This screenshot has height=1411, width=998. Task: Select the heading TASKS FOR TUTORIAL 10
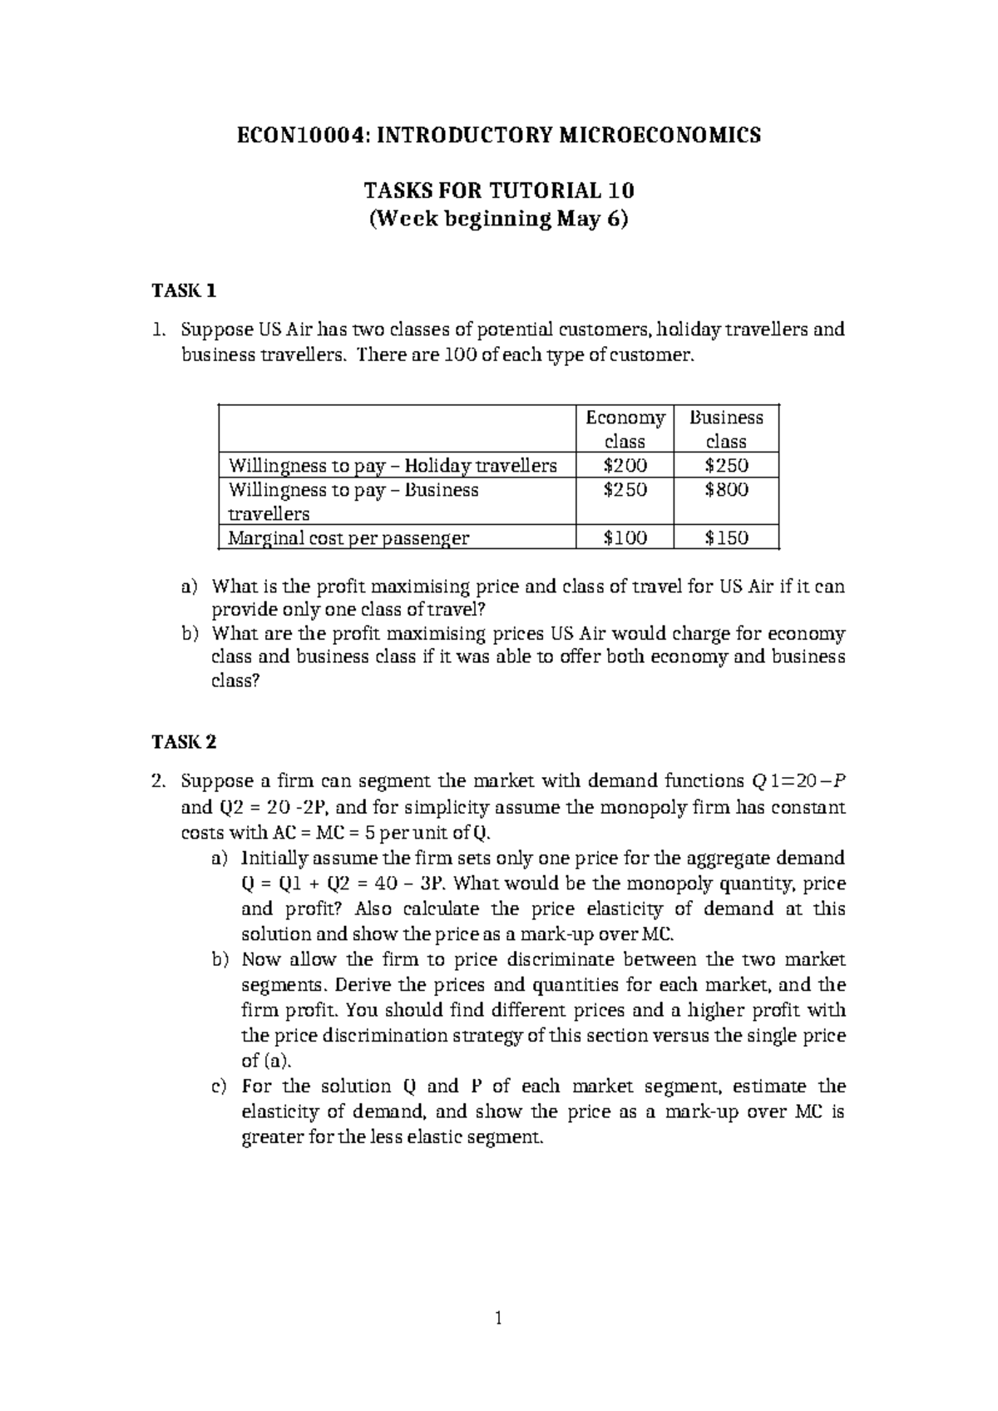(x=499, y=191)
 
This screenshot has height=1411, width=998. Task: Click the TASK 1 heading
(x=185, y=290)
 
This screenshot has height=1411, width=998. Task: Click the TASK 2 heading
(x=185, y=740)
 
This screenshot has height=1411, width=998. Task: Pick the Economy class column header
(x=625, y=429)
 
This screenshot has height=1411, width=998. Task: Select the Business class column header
(x=726, y=429)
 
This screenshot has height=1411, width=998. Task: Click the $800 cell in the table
(x=726, y=490)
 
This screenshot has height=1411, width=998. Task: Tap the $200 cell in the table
(x=625, y=465)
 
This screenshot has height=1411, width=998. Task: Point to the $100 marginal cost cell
(x=625, y=537)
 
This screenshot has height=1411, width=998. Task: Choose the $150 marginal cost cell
(x=726, y=537)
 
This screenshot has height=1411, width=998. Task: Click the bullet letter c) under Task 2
(x=219, y=1087)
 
